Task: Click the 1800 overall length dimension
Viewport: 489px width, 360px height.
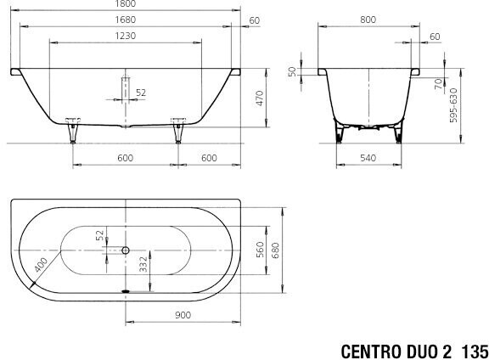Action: click(126, 3)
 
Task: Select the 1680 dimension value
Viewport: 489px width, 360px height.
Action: click(126, 20)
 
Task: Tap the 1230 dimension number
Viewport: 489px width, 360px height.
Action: click(126, 36)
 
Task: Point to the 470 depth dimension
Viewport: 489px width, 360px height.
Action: click(260, 98)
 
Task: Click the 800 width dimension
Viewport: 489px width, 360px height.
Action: click(368, 20)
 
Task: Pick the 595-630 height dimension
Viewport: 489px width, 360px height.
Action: click(453, 105)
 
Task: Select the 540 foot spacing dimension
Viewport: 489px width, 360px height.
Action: click(368, 158)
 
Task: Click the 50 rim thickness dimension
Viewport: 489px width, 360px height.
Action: click(292, 71)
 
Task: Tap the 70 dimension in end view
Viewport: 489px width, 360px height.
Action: click(439, 83)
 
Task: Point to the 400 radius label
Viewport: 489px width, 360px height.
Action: click(41, 265)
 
